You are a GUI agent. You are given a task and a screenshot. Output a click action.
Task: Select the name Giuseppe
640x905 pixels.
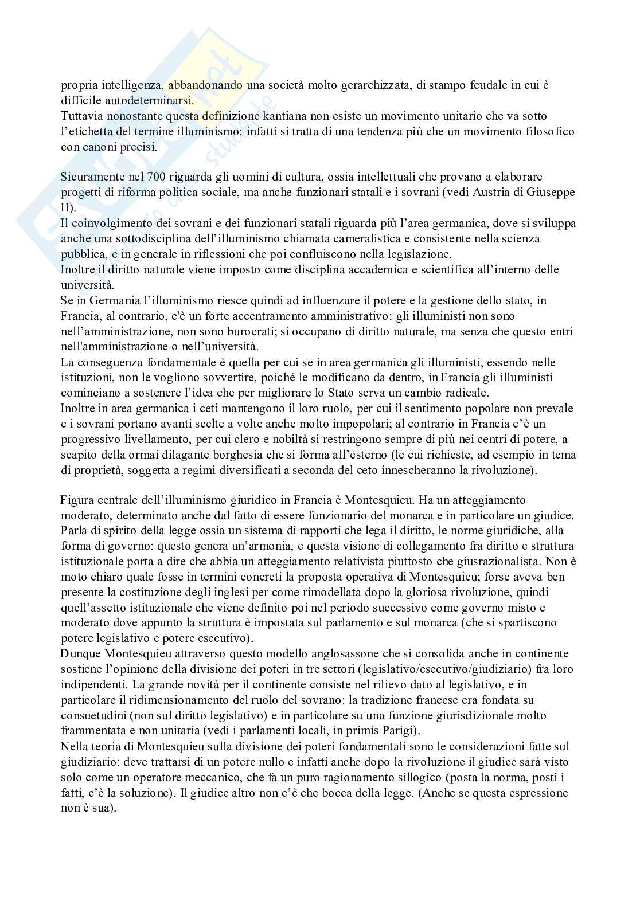click(551, 191)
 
